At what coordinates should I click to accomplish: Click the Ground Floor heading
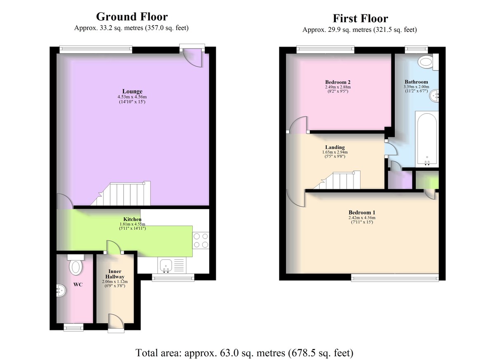click(x=132, y=17)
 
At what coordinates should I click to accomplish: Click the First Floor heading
click(x=361, y=19)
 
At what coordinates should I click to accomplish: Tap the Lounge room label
click(x=132, y=91)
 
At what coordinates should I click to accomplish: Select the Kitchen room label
click(x=132, y=219)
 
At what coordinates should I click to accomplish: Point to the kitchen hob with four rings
click(x=200, y=240)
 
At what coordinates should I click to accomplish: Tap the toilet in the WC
click(x=76, y=265)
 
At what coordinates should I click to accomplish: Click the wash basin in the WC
click(x=61, y=290)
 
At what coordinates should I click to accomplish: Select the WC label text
click(x=78, y=285)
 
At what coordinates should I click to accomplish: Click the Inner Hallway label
click(x=115, y=274)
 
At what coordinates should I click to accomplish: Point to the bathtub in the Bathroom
click(x=427, y=139)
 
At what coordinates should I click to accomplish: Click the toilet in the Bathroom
click(x=429, y=62)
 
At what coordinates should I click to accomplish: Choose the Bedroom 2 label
click(x=338, y=82)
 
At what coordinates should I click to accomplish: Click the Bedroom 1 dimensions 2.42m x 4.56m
click(x=362, y=218)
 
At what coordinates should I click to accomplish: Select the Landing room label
click(x=335, y=147)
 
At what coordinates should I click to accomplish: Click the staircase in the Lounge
click(x=120, y=194)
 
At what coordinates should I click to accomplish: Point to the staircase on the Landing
click(x=337, y=180)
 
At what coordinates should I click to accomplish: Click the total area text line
click(x=244, y=353)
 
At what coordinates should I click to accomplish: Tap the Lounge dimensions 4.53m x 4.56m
click(x=132, y=97)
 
